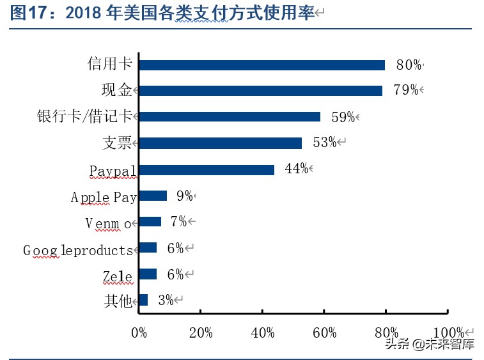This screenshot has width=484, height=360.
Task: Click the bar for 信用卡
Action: pos(262,65)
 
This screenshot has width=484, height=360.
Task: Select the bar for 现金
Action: pos(260,91)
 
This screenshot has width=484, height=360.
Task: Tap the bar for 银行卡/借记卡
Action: pos(229,117)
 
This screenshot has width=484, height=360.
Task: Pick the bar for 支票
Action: pos(220,143)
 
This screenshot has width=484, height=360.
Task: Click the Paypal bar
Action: pos(206,169)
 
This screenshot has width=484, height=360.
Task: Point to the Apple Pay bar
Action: pos(152,196)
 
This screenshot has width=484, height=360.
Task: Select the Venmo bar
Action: pos(150,222)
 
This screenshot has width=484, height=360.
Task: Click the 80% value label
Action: pos(409,65)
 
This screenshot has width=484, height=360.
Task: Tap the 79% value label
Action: pos(405,90)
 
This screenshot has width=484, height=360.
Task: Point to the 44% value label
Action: pos(297,169)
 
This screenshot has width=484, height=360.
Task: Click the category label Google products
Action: pos(78,250)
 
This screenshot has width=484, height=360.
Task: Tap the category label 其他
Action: pos(118,301)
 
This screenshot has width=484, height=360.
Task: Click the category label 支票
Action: pos(117,143)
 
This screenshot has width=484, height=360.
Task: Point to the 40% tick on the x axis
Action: pos(263,333)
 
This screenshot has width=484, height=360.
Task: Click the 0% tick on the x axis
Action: pos(139,333)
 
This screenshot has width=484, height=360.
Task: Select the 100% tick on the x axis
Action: pos(448,333)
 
